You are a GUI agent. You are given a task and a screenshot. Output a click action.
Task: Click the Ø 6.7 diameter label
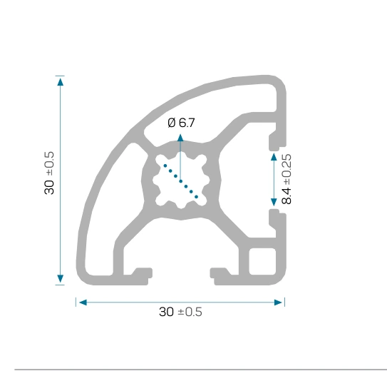tap(181, 123)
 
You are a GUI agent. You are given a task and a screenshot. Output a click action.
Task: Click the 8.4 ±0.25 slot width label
tap(287, 179)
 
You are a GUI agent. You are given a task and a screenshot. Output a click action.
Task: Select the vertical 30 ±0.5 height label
tap(49, 173)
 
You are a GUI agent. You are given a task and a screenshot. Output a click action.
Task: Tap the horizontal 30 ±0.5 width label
tap(180, 312)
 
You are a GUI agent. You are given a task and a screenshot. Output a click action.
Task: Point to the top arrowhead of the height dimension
tap(60, 81)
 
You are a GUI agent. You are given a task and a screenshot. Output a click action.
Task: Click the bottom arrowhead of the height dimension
tap(60, 279)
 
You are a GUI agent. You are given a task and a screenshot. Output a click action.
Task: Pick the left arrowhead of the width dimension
tap(83, 303)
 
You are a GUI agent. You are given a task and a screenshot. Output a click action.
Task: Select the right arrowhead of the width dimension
tap(278, 303)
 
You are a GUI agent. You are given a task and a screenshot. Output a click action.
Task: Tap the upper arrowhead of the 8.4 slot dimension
tap(274, 157)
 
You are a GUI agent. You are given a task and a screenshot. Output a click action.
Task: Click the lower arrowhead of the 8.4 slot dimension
tap(274, 202)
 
